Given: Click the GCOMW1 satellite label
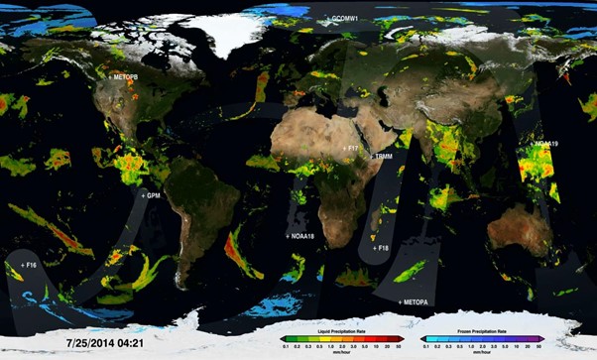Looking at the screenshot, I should click(x=344, y=19).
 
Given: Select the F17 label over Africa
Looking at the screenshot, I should click(x=352, y=148).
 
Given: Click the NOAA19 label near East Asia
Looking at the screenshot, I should click(x=547, y=145).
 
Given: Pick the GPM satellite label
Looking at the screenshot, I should click(x=152, y=196).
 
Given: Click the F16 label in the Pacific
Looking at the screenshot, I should click(x=28, y=266).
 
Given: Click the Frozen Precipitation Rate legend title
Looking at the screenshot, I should click(x=481, y=330).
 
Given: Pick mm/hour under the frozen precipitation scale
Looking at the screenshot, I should click(x=481, y=353).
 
